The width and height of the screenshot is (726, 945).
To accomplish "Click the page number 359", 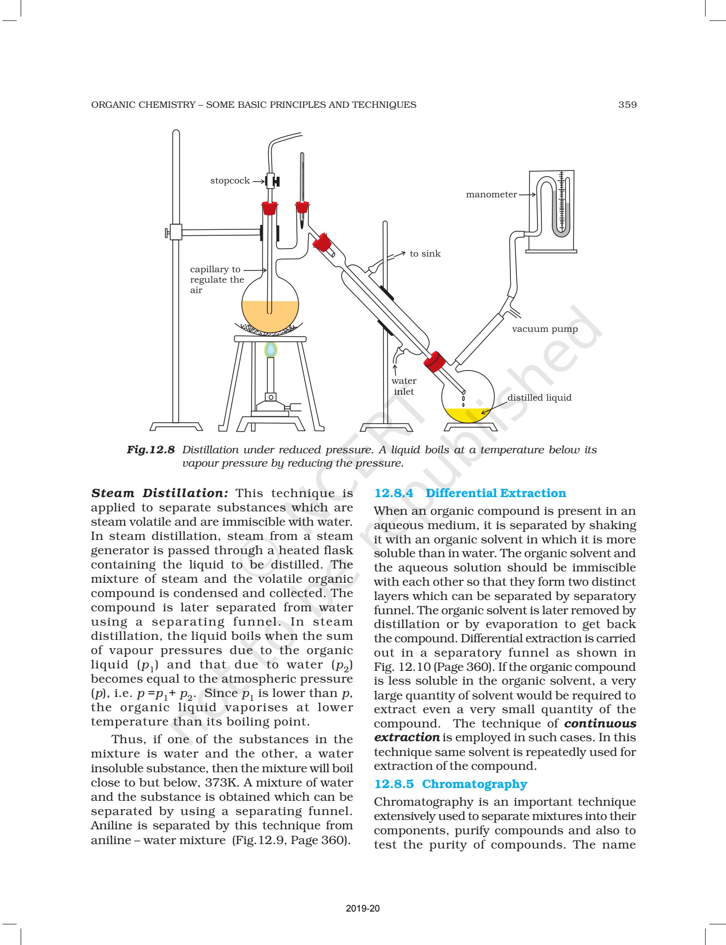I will point(627,105).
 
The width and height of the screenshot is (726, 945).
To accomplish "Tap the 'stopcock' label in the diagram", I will point(230,181).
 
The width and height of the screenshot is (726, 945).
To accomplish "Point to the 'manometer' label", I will point(491,194).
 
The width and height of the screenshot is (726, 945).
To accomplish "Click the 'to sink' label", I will point(425,254).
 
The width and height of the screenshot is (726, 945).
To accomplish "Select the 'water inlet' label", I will point(404,386).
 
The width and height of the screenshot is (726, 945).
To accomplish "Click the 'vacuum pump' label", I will point(545,329).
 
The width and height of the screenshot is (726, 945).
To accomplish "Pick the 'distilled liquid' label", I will point(539,398).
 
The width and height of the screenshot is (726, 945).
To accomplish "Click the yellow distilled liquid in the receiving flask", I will point(467,415).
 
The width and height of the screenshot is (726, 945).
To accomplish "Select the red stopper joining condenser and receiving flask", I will point(435,361).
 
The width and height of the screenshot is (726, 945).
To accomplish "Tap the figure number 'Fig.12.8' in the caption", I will point(151,450).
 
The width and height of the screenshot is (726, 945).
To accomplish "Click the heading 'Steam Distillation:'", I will point(159,493).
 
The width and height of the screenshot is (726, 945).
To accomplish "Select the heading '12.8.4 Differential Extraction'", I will point(470,493).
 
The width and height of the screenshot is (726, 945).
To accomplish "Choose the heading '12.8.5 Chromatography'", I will point(450,784).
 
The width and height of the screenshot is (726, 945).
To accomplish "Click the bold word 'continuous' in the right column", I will point(600,724).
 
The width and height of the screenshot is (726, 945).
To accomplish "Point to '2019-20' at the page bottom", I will point(363,909).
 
